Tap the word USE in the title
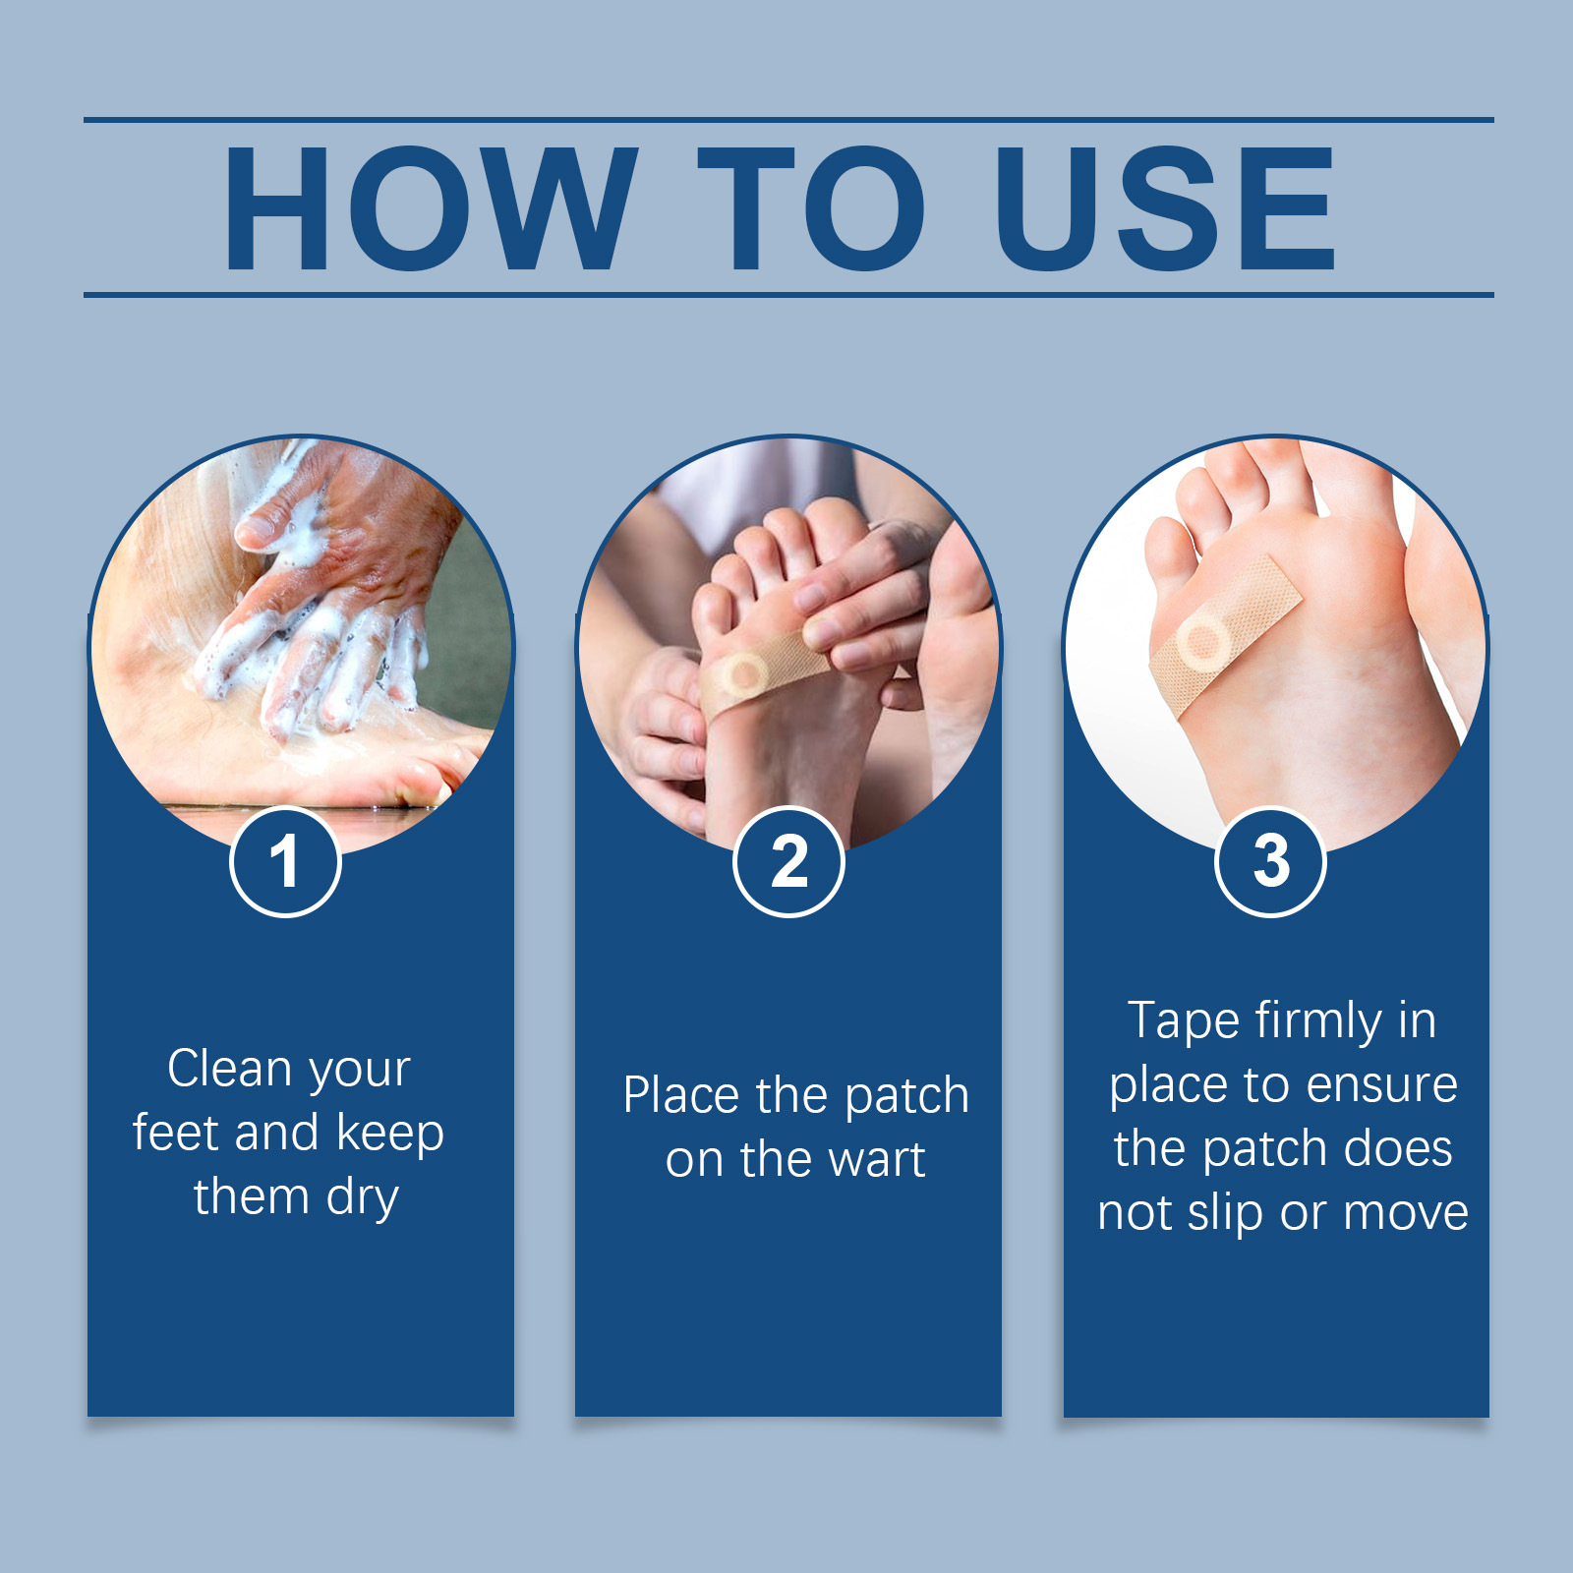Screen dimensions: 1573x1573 click(x=1164, y=208)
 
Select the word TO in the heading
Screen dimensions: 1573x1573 click(x=812, y=208)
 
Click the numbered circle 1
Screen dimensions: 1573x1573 click(x=285, y=861)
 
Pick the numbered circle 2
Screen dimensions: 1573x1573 click(x=788, y=861)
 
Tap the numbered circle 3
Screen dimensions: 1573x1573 click(x=1271, y=861)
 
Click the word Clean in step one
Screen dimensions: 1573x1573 click(x=228, y=1069)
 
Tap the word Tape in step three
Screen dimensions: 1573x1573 click(x=1184, y=1021)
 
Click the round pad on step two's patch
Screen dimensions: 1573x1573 click(x=744, y=674)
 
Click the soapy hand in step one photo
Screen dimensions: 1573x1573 click(x=324, y=590)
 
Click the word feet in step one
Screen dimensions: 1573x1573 click(x=175, y=1133)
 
